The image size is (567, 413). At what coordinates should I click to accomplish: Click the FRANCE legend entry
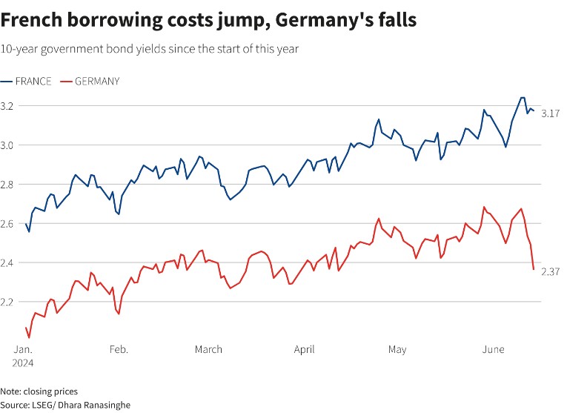coord(33,81)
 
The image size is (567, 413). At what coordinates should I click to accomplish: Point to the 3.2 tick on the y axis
coord(9,106)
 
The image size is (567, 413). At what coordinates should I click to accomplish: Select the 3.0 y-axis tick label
coord(9,145)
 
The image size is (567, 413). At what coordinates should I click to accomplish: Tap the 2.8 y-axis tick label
coord(9,185)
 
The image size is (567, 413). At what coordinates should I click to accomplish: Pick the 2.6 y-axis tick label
coord(9,223)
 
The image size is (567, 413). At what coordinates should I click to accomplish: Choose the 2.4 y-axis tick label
coord(9,262)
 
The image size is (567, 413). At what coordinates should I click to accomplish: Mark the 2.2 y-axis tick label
coord(9,302)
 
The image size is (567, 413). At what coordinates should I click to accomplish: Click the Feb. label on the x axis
coord(118,349)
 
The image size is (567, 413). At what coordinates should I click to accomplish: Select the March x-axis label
coord(209,349)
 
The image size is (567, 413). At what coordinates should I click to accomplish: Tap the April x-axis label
coord(304,349)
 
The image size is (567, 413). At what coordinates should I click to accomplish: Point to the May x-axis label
coord(397,349)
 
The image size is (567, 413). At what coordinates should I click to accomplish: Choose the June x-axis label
coord(494,349)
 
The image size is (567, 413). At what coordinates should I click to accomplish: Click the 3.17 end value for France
coord(550,113)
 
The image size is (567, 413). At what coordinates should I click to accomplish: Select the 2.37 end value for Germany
coord(550,272)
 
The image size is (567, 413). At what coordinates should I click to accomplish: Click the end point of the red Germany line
coord(533,269)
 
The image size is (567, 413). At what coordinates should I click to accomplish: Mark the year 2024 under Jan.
coord(22,363)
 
